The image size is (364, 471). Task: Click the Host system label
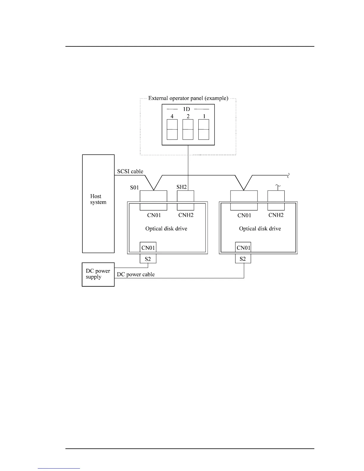pyautogui.click(x=98, y=199)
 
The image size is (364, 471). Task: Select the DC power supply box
pyautogui.click(x=98, y=274)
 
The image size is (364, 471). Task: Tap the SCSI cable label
pyautogui.click(x=130, y=171)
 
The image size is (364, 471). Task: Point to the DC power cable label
pyautogui.click(x=136, y=274)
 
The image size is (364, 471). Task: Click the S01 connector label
pyautogui.click(x=134, y=188)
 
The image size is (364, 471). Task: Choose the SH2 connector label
pyautogui.click(x=181, y=187)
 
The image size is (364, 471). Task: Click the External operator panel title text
pyautogui.click(x=188, y=98)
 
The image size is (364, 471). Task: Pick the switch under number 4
pyautogui.click(x=172, y=129)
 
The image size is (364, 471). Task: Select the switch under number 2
pyautogui.click(x=188, y=129)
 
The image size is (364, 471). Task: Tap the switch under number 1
pyautogui.click(x=204, y=129)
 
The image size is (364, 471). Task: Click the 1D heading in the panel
pyautogui.click(x=186, y=109)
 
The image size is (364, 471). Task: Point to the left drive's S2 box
pyautogui.click(x=148, y=259)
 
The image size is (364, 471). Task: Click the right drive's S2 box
pyautogui.click(x=243, y=259)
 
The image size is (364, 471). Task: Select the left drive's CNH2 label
pyautogui.click(x=186, y=215)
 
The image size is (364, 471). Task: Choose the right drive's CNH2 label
pyautogui.click(x=276, y=215)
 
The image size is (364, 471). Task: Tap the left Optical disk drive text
pyautogui.click(x=166, y=229)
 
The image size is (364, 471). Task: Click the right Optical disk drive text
pyautogui.click(x=260, y=229)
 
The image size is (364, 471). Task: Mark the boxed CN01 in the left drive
pyautogui.click(x=148, y=247)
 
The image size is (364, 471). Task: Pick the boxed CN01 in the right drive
pyautogui.click(x=243, y=247)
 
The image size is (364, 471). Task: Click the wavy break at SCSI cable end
pyautogui.click(x=288, y=175)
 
